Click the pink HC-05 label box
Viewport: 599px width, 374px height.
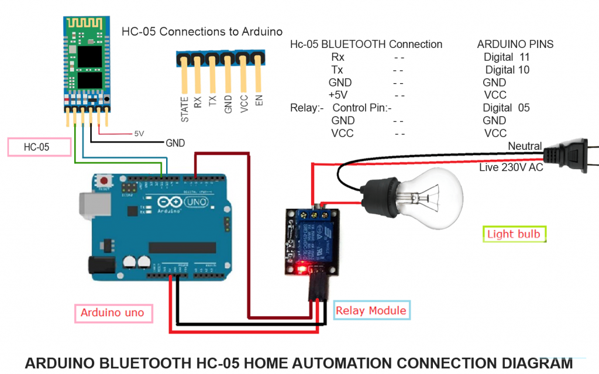tap(36, 147)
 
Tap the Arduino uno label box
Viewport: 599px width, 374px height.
tap(112, 313)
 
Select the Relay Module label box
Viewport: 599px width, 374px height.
tap(371, 310)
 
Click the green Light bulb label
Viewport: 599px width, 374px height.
tap(514, 235)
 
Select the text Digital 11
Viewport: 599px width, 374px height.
tap(506, 57)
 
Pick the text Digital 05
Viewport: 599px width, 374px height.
tap(506, 108)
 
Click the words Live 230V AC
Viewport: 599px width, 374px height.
tap(511, 168)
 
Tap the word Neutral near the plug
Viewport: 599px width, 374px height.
tap(525, 146)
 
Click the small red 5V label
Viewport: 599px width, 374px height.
tap(139, 133)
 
